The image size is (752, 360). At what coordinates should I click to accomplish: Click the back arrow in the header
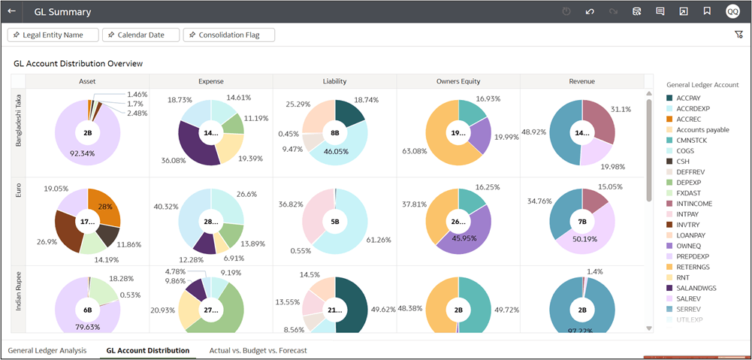[x=11, y=11]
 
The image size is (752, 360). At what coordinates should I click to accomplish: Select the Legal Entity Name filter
[x=53, y=35]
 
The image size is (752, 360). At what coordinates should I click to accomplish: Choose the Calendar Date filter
[x=141, y=35]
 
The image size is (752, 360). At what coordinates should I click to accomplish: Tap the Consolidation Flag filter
[x=229, y=35]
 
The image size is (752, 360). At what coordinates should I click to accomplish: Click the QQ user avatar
[x=732, y=11]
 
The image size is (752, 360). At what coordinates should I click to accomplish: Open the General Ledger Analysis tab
[x=47, y=350]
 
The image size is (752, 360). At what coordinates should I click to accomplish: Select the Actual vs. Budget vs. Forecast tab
[x=258, y=350]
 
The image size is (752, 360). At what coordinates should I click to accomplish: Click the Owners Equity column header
[x=458, y=81]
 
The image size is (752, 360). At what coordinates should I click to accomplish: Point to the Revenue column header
[x=582, y=81]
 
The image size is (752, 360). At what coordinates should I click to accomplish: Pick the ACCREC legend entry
[x=688, y=119]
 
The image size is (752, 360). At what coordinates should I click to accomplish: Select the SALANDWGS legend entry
[x=696, y=287]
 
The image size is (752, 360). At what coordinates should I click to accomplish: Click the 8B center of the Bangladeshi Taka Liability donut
[x=334, y=132]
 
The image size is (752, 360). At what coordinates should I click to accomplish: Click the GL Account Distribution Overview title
[x=78, y=64]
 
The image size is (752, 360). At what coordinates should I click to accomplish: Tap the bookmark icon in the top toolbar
[x=707, y=11]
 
